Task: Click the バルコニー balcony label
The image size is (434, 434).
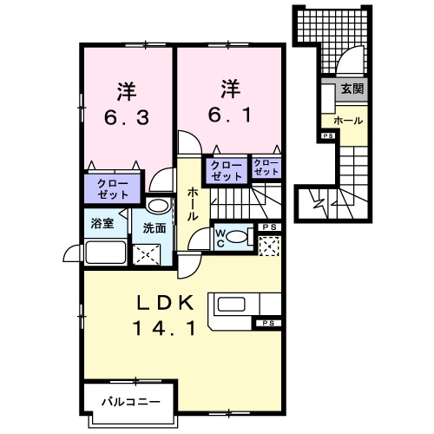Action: (x=128, y=402)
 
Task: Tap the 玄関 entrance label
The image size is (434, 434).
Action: (x=352, y=89)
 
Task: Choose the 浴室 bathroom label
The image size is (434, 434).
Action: (x=102, y=224)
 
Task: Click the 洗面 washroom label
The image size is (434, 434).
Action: (x=155, y=229)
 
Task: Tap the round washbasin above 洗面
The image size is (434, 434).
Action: (x=158, y=207)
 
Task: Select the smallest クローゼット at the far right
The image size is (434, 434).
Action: (x=266, y=168)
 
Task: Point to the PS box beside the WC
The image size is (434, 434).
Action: (x=268, y=227)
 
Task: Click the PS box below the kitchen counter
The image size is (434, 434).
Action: (x=268, y=323)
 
